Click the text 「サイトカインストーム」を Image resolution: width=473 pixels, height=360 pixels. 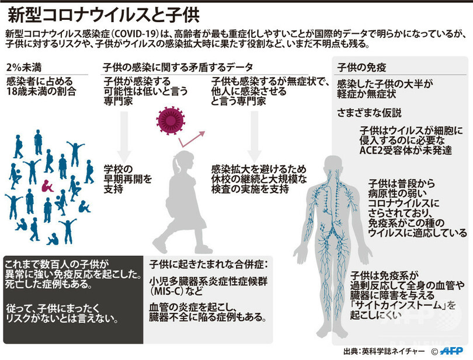(x=395, y=305)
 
